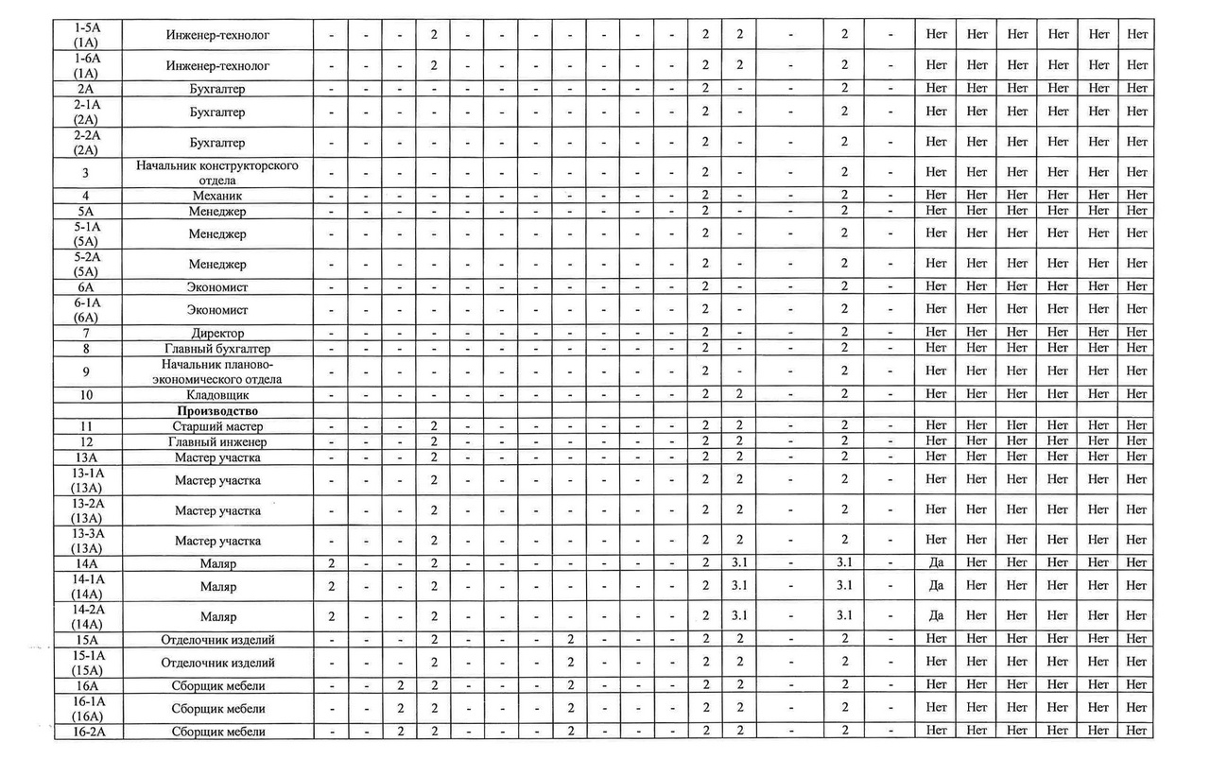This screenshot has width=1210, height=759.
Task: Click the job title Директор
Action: tap(217, 333)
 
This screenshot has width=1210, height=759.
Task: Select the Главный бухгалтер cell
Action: tap(217, 348)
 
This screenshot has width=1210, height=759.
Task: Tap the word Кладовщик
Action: tap(217, 394)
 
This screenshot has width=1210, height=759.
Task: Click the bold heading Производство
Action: tap(217, 411)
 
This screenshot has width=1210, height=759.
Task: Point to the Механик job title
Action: tap(217, 196)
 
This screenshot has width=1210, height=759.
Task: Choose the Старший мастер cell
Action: tap(217, 426)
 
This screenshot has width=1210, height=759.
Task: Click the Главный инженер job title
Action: tap(217, 441)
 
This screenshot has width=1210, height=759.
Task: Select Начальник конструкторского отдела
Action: tap(217, 173)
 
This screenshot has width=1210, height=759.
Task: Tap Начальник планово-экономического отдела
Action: tap(217, 371)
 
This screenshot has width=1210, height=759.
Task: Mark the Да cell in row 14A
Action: tap(936, 563)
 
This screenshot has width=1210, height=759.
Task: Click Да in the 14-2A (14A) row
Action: tap(936, 615)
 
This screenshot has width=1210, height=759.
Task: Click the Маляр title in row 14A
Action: tap(217, 563)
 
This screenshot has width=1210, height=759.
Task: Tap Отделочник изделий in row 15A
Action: tap(217, 640)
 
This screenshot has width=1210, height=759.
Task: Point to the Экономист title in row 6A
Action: tap(217, 286)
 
